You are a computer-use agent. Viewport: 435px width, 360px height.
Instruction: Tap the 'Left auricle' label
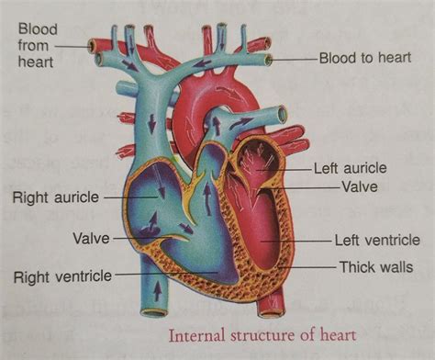point(351,169)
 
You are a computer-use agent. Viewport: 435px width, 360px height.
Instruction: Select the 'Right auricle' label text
point(56,197)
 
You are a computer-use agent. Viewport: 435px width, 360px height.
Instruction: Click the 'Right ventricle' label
point(63,275)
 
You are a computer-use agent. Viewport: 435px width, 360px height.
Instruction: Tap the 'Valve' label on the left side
point(91,238)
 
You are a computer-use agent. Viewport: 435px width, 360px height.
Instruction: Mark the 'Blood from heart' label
point(36,44)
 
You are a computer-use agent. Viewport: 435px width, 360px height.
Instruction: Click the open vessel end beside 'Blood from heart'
point(92,44)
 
